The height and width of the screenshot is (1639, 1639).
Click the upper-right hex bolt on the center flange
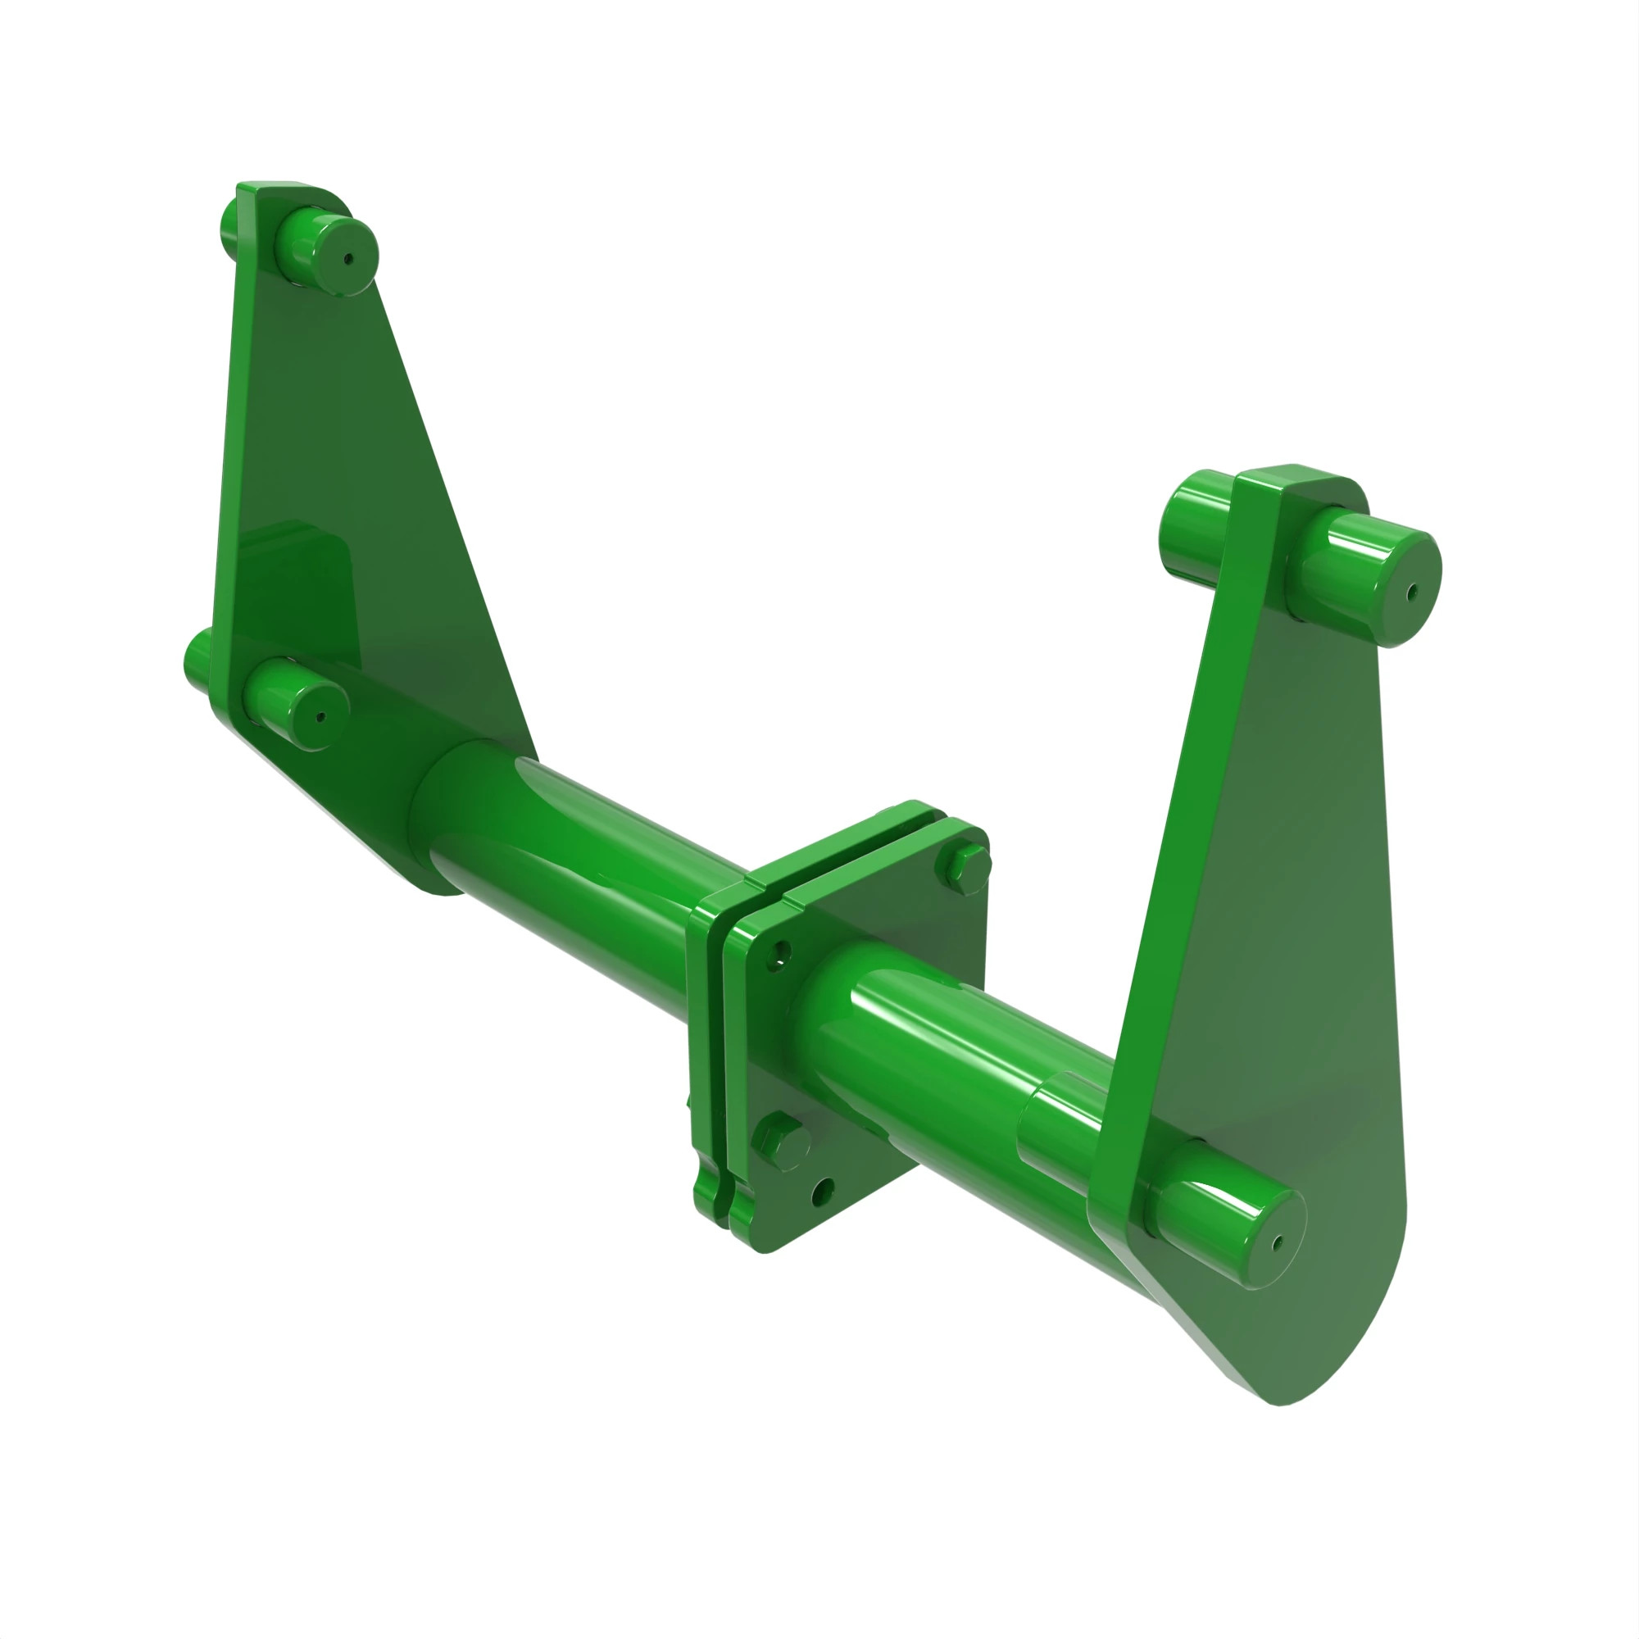pos(965,863)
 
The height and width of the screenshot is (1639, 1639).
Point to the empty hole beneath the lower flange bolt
pos(822,1192)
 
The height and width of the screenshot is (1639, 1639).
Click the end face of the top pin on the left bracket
pos(345,259)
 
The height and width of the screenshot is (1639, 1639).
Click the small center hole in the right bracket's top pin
pos(1412,593)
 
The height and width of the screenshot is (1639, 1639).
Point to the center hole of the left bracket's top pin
pos(347,260)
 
